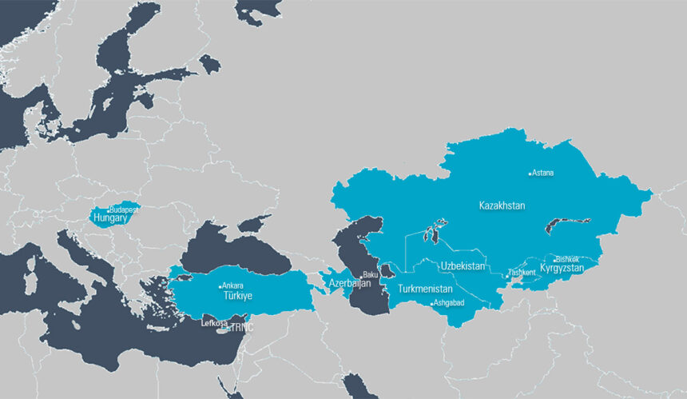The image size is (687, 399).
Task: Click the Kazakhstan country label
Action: [502, 205]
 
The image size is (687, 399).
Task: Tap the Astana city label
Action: [543, 173]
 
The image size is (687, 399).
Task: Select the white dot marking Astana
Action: [530, 173]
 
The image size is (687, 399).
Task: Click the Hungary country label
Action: [109, 217]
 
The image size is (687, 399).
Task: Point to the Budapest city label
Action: [125, 209]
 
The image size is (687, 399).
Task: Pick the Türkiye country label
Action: [237, 296]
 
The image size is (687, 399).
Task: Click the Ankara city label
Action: [232, 285]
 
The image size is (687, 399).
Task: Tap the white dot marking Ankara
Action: [220, 286]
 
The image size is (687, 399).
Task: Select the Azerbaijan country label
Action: [350, 284]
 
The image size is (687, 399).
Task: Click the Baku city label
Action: [371, 275]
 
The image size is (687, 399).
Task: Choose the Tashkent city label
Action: [522, 273]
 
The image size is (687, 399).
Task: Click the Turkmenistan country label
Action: [426, 289]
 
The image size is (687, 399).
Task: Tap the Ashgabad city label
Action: [450, 303]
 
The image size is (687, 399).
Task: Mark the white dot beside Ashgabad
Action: [432, 304]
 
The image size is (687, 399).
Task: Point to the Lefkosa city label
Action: [214, 323]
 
